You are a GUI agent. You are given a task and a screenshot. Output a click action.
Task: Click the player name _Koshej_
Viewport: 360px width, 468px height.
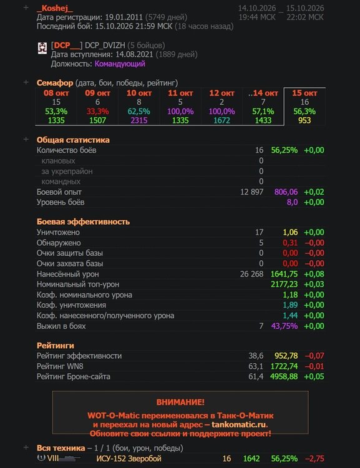click(x=55, y=8)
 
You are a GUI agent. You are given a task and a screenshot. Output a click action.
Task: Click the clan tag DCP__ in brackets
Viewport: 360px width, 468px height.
click(x=67, y=46)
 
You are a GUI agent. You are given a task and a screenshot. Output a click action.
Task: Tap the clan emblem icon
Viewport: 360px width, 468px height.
click(x=42, y=48)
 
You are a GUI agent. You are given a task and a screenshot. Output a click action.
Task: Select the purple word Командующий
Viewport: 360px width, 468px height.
click(x=120, y=64)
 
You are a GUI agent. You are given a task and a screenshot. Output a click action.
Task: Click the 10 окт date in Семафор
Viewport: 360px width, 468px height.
click(x=139, y=93)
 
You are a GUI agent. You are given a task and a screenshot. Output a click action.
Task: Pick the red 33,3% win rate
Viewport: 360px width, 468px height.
click(x=97, y=111)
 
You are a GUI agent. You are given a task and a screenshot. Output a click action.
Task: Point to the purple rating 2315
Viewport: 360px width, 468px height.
click(x=139, y=120)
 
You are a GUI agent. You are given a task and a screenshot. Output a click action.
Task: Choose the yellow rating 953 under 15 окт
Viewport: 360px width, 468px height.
click(x=304, y=120)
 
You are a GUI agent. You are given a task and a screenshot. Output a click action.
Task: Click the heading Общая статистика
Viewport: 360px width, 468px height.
click(x=73, y=140)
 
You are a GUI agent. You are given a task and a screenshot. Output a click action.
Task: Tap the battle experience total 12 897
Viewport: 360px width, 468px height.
click(x=251, y=192)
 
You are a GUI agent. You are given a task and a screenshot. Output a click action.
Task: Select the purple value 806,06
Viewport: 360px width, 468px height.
click(x=286, y=192)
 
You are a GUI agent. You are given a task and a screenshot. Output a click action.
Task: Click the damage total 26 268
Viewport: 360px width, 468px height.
click(x=251, y=274)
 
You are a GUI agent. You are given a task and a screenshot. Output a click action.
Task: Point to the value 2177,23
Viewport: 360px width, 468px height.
click(x=284, y=285)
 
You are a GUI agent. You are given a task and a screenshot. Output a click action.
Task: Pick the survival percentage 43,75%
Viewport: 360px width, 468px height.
click(x=285, y=326)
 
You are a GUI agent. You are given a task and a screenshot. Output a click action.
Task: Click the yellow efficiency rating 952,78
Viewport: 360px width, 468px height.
click(x=286, y=356)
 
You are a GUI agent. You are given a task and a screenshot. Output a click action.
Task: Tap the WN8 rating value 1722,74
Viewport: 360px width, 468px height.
click(x=284, y=366)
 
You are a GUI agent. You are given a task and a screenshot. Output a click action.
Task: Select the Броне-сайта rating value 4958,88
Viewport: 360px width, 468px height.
click(x=284, y=377)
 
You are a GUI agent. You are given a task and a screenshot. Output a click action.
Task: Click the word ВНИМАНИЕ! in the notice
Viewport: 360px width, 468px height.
click(x=180, y=402)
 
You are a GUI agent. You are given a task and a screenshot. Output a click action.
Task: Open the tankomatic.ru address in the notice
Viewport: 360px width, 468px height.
click(x=238, y=424)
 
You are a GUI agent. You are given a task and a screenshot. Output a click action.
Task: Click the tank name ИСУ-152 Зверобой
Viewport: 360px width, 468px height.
click(x=129, y=459)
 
